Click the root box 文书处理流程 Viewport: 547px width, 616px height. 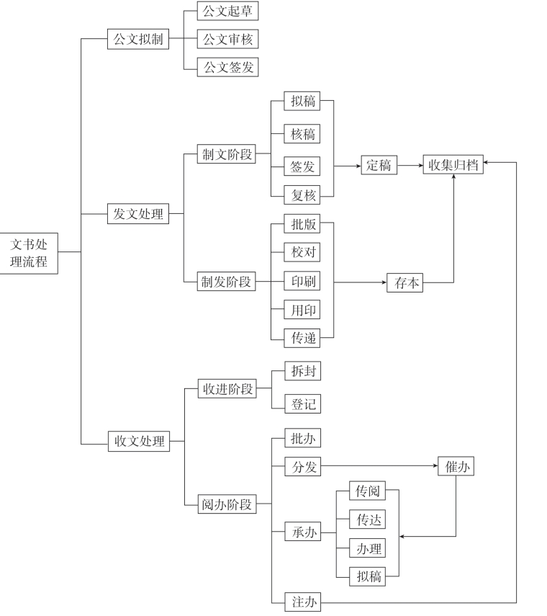click(29, 252)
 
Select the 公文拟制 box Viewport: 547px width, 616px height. click(138, 39)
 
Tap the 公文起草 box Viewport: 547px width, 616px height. click(227, 11)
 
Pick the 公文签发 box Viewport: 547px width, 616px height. click(227, 67)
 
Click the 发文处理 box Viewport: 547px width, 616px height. click(138, 214)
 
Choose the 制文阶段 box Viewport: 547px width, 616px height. click(227, 153)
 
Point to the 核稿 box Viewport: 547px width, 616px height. click(302, 134)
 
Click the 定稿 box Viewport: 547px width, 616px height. click(379, 165)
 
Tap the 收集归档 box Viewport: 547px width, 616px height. click(453, 164)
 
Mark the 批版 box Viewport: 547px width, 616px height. click(302, 224)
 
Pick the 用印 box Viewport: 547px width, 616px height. click(302, 310)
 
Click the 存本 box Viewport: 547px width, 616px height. click(404, 282)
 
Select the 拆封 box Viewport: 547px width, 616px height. click(302, 371)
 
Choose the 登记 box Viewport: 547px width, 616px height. click(302, 403)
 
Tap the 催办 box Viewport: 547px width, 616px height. click(456, 466)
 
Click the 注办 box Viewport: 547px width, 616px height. click(302, 602)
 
